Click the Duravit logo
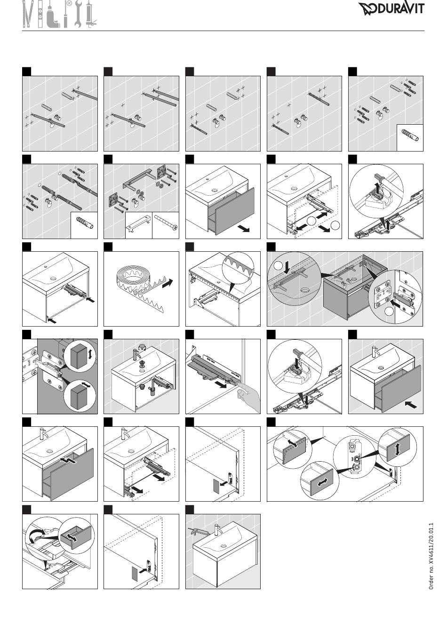point(391,8)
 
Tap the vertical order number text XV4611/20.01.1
point(431,556)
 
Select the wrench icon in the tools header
point(78,14)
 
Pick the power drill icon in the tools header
point(53,16)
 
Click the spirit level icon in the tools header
point(40,14)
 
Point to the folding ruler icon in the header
point(28,14)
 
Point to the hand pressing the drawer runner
point(248,397)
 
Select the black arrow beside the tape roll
point(167,283)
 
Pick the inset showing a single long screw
point(166,225)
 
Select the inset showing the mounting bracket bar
point(138,225)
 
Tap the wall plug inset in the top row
point(410,138)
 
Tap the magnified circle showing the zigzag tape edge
point(238,268)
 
